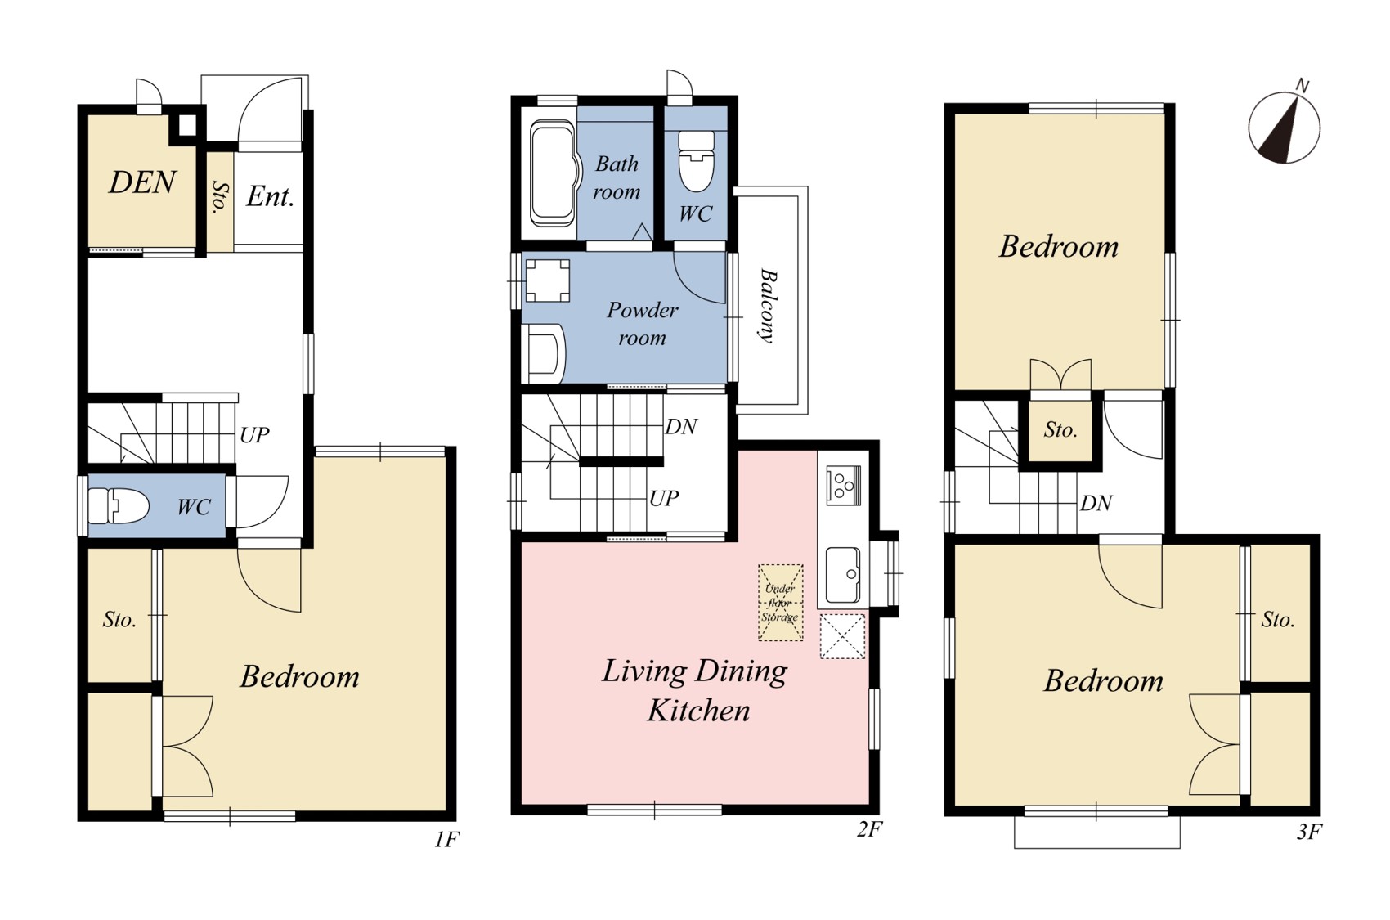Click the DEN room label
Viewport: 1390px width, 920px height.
(142, 182)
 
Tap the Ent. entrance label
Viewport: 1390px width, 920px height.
(270, 197)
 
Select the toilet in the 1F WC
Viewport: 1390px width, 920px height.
(118, 506)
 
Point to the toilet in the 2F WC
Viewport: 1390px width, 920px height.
(696, 161)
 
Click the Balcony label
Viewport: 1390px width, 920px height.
(769, 305)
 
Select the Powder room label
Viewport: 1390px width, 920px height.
(642, 323)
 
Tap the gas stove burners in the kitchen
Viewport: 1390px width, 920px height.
(843, 484)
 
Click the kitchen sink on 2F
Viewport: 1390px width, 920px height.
(843, 575)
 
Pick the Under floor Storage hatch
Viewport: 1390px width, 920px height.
(781, 602)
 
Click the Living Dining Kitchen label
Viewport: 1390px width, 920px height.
(695, 690)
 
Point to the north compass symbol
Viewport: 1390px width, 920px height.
(1284, 128)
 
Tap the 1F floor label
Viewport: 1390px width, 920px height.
(446, 840)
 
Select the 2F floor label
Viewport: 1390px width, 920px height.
(869, 829)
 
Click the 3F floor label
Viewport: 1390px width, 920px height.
(1309, 832)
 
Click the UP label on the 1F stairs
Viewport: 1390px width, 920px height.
(254, 435)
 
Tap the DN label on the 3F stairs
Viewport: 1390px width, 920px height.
(1096, 503)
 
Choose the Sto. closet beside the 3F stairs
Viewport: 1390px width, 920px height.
(1060, 430)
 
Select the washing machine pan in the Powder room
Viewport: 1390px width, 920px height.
(547, 280)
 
